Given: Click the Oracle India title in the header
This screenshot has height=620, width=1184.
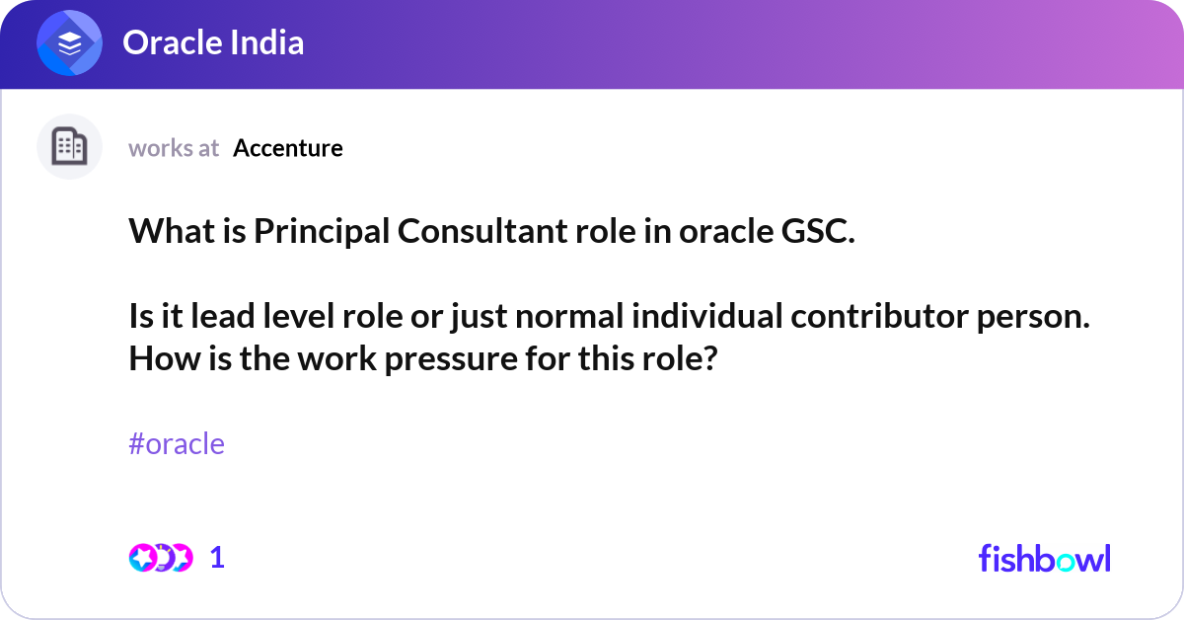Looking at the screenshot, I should (212, 42).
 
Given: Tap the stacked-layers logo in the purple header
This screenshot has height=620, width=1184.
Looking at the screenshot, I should (70, 43).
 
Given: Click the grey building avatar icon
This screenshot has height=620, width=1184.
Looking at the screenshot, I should (69, 147).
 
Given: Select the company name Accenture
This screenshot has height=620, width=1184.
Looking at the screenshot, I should (288, 148).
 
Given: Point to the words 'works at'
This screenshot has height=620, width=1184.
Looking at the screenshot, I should (174, 148).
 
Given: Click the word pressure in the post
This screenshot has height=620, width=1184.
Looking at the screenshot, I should (448, 358).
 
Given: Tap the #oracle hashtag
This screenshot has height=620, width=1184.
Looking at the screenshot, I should (177, 444).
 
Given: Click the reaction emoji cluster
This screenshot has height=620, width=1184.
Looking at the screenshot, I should (160, 558).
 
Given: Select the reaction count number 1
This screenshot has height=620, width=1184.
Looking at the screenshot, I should (217, 558).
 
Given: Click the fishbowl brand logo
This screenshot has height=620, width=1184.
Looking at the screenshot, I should (1044, 558).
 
